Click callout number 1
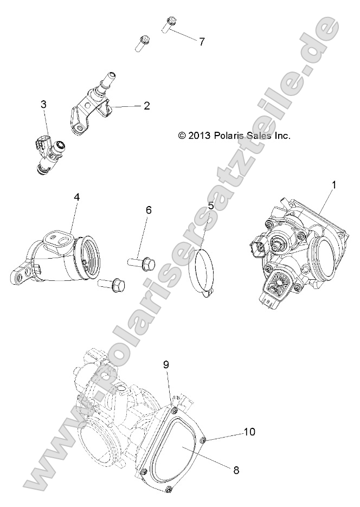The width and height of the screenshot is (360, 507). (x=334, y=185)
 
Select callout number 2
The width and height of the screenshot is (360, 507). (x=146, y=106)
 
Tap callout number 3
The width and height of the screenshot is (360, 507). (x=43, y=105)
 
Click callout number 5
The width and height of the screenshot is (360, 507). (x=211, y=206)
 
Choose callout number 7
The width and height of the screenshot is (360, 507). (x=202, y=41)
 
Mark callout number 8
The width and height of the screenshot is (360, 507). (x=236, y=470)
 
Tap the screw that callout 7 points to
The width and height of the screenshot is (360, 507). (x=168, y=24)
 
